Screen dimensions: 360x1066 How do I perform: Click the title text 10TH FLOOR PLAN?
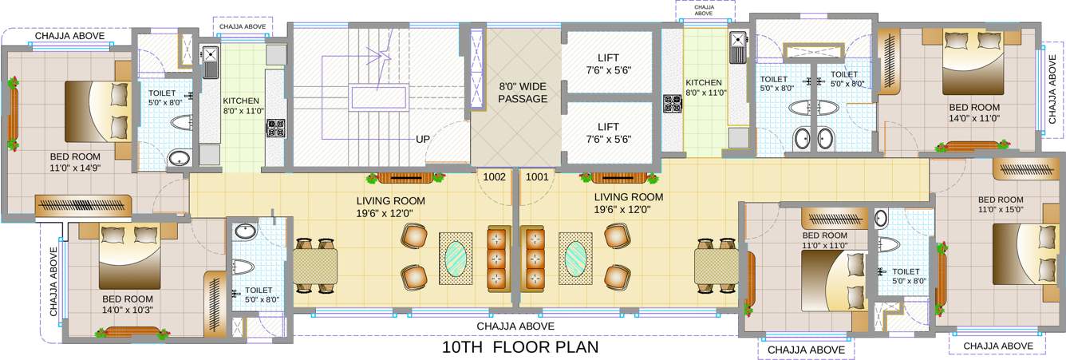pyautogui.click(x=519, y=348)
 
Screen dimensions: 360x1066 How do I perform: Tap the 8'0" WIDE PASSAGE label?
pyautogui.click(x=523, y=93)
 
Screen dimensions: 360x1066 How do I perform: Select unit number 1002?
pyautogui.click(x=495, y=177)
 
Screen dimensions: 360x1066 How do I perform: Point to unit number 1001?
pyautogui.click(x=537, y=177)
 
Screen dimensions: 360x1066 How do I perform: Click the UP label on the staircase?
pyautogui.click(x=423, y=139)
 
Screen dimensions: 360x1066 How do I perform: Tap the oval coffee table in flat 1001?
pyautogui.click(x=575, y=258)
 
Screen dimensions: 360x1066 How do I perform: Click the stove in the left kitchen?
pyautogui.click(x=275, y=128)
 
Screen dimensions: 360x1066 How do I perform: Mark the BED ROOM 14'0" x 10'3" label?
pyautogui.click(x=128, y=304)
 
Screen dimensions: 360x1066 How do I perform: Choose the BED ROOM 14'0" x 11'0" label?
pyautogui.click(x=973, y=112)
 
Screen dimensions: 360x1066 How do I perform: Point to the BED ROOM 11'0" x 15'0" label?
pyautogui.click(x=1000, y=204)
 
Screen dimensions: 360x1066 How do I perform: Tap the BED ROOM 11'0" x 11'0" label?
pyautogui.click(x=824, y=240)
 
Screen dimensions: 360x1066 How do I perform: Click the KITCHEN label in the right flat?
pyautogui.click(x=703, y=87)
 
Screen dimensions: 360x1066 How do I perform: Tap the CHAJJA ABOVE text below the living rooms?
pyautogui.click(x=515, y=326)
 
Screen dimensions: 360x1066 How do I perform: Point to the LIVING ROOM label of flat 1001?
pyautogui.click(x=628, y=203)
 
